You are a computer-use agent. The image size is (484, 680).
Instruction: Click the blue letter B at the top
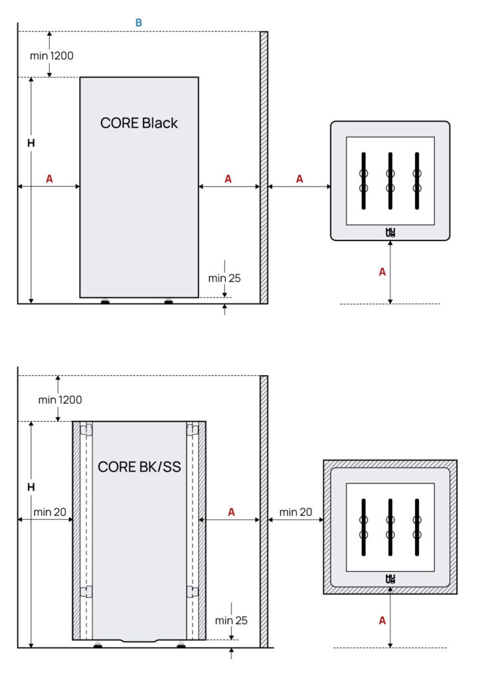[x=139, y=23]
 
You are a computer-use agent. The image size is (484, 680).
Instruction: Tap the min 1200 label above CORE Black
[x=52, y=55]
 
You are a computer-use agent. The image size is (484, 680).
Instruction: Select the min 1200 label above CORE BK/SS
[x=60, y=400]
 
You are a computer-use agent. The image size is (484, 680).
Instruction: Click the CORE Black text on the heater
[x=139, y=123]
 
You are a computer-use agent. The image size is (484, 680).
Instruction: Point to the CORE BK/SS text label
[x=139, y=467]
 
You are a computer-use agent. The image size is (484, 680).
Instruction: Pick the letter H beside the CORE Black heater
[x=31, y=143]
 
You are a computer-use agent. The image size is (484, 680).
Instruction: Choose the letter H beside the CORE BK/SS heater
[x=31, y=487]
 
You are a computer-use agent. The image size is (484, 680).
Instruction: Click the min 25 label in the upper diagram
[x=224, y=278]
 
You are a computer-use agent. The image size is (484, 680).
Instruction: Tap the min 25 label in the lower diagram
[x=231, y=620]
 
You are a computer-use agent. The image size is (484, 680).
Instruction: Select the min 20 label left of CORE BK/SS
[x=50, y=512]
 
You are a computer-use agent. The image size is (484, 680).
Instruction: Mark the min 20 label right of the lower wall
[x=296, y=512]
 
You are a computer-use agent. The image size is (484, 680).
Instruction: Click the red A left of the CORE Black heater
[x=49, y=179]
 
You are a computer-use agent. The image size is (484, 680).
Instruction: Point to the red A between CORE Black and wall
[x=228, y=179]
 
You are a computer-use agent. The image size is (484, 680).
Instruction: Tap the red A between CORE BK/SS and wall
[x=231, y=512]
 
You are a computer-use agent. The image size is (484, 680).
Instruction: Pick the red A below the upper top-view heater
[x=382, y=272]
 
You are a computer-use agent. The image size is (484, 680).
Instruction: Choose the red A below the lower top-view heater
[x=382, y=620]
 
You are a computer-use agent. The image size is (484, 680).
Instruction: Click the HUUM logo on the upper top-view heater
[x=390, y=232]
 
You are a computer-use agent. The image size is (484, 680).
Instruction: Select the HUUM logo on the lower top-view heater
[x=390, y=579]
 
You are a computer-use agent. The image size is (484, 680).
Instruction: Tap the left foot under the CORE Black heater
[x=105, y=301]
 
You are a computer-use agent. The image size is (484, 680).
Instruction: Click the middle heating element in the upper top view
[x=390, y=181]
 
